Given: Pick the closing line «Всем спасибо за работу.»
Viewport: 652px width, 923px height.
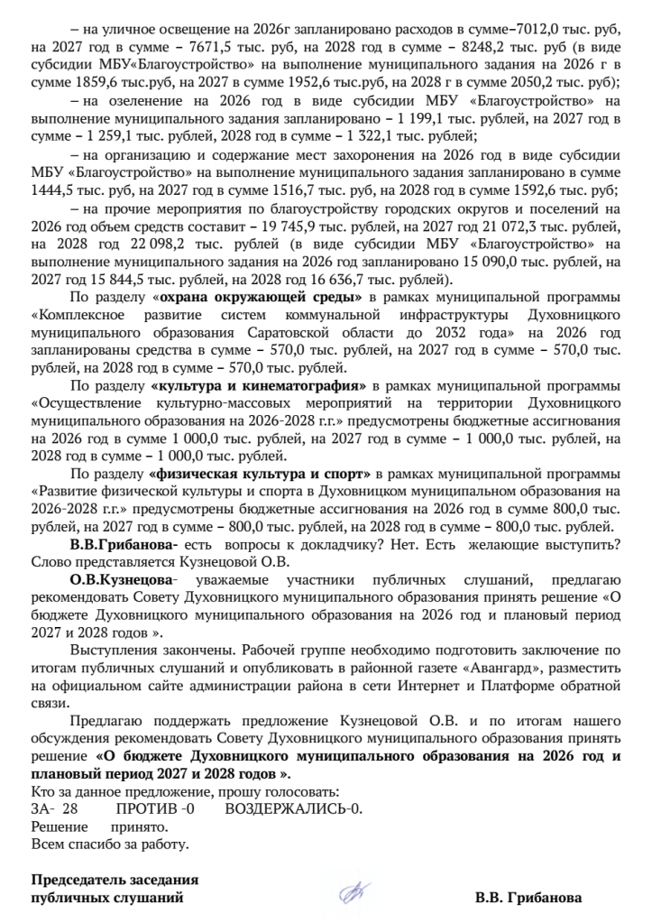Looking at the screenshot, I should pyautogui.click(x=110, y=845).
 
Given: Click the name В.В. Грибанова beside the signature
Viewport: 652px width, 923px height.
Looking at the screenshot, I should pyautogui.click(x=528, y=899).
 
